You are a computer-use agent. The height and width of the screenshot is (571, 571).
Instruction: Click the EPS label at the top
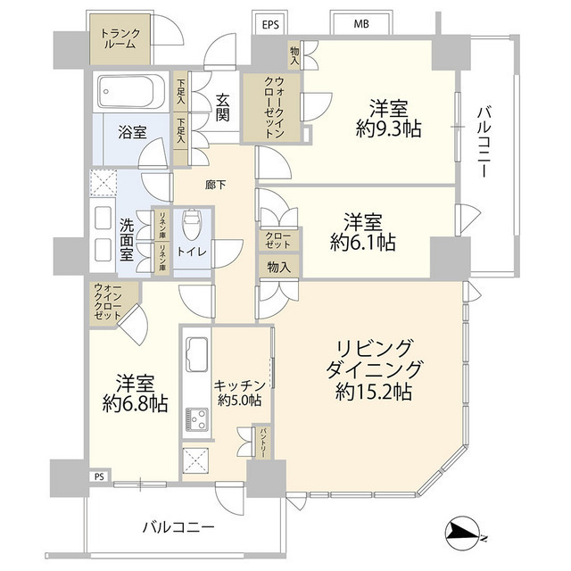click(270, 25)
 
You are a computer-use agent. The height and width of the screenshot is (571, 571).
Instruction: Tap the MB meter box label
click(361, 24)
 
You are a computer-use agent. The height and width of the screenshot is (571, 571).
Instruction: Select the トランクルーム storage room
click(120, 39)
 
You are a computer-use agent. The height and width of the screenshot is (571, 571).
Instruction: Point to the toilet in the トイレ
click(192, 223)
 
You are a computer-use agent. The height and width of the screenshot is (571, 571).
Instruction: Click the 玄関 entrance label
click(222, 107)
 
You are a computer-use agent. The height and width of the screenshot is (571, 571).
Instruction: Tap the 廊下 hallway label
click(216, 185)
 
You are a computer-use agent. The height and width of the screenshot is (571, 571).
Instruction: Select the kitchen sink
click(197, 353)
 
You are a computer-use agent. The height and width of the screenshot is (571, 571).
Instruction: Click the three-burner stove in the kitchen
click(197, 418)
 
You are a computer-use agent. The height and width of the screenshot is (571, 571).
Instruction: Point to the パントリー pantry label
click(262, 443)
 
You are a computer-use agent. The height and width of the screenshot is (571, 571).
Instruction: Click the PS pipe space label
click(99, 476)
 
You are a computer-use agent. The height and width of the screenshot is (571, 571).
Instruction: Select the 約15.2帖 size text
click(374, 393)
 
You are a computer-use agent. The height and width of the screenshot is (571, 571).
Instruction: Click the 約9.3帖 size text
click(388, 128)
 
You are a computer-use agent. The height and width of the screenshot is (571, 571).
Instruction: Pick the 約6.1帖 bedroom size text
click(363, 242)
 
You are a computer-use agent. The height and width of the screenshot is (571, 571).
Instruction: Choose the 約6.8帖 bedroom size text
click(135, 403)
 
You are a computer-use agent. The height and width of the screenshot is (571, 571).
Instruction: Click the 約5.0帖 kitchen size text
click(239, 401)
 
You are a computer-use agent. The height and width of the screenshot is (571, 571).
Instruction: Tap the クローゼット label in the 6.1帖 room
click(278, 240)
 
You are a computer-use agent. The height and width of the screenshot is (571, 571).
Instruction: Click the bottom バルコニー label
click(178, 527)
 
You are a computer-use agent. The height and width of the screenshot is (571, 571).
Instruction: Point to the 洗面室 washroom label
click(127, 239)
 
